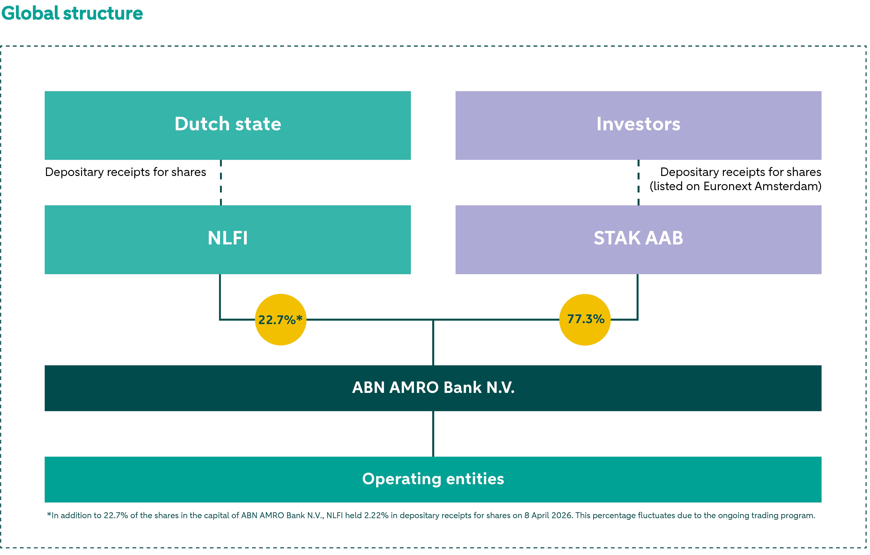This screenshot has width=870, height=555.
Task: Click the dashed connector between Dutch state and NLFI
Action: tap(221, 182)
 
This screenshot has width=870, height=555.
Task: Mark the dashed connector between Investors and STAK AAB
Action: tap(638, 182)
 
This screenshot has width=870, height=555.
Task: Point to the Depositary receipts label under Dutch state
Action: tap(125, 172)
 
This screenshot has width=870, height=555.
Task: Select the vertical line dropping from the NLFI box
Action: tap(220, 296)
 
